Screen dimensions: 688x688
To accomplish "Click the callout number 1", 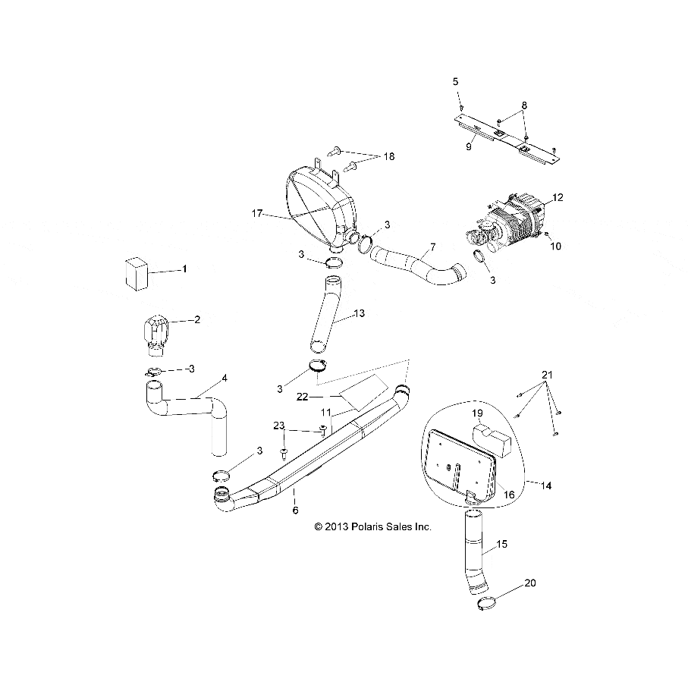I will [x=183, y=269].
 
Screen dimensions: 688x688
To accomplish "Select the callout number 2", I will [x=197, y=319].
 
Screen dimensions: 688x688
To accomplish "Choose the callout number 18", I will [x=388, y=156].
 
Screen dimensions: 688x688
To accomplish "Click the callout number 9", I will [x=469, y=146].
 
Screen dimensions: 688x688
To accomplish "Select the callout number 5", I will [x=455, y=80].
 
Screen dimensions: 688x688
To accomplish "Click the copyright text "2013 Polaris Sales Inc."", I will [x=372, y=526].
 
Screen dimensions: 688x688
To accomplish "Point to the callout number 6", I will [x=295, y=511].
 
